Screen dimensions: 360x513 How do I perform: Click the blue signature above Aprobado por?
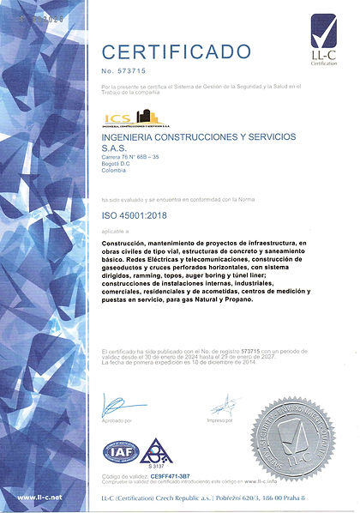pyautogui.click(x=114, y=405)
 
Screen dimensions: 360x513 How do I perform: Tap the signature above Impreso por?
pyautogui.click(x=225, y=405)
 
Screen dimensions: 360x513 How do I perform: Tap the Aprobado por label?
pyautogui.click(x=117, y=420)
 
